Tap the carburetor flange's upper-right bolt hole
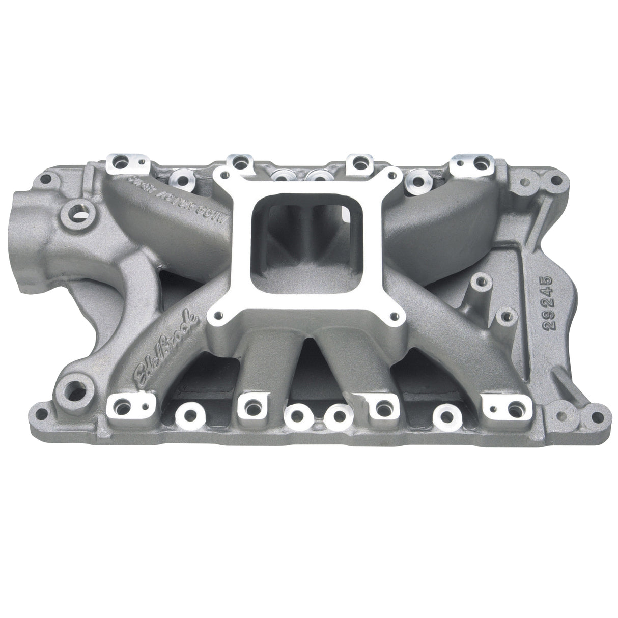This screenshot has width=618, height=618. [x=392, y=175]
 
